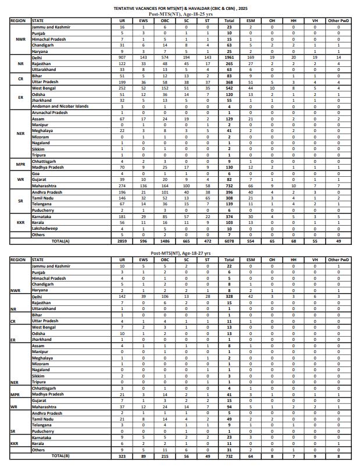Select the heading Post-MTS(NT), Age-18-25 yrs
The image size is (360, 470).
tap(180, 14)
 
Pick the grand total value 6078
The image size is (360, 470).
tap(229, 240)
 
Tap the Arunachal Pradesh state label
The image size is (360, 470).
tap(45, 112)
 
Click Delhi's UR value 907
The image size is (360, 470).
tap(122, 58)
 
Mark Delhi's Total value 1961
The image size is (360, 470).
tap(229, 58)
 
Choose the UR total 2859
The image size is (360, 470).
tap(122, 240)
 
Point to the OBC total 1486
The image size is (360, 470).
tap(165, 240)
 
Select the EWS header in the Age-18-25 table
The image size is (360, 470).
tap(144, 21)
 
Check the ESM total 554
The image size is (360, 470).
tap(251, 240)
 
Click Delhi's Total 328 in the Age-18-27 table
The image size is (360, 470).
tap(229, 295)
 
